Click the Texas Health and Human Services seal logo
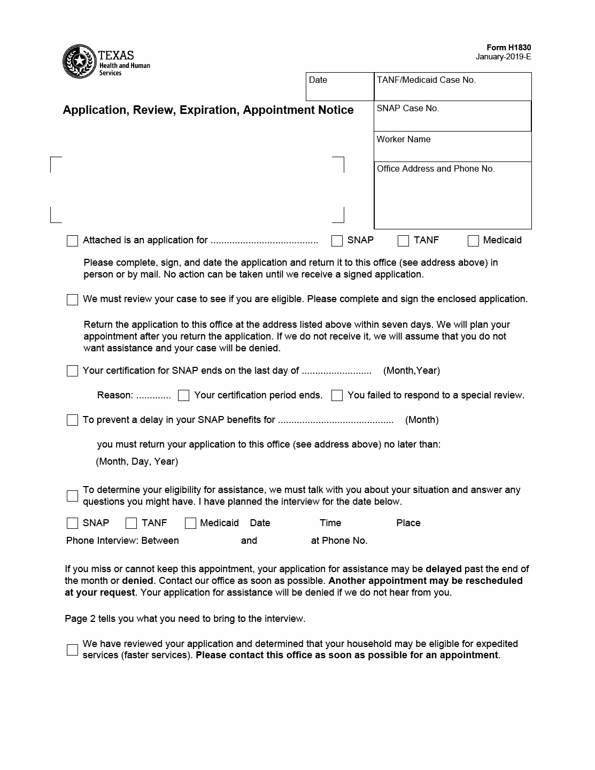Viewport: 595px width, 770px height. [80, 61]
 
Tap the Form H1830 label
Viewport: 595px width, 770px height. [508, 48]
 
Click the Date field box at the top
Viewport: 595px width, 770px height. [339, 87]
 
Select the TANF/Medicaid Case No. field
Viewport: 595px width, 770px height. [452, 87]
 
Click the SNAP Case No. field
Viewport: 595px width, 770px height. [452, 116]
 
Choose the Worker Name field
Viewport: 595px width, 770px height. [452, 147]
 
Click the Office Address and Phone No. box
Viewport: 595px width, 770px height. [452, 195]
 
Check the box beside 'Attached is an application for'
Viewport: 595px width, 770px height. [73, 241]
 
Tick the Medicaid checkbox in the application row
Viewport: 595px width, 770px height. [473, 241]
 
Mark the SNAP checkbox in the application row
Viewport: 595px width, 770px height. [337, 241]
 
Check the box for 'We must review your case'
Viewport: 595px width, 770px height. [73, 299]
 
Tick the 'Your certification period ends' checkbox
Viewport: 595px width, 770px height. [183, 396]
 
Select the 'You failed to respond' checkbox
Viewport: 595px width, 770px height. [337, 396]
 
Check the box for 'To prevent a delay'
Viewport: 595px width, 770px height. [73, 420]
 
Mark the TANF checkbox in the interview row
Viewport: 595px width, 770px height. [131, 523]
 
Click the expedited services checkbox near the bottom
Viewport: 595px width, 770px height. [73, 650]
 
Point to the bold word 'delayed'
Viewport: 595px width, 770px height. [443, 569]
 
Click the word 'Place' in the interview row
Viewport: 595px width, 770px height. [408, 523]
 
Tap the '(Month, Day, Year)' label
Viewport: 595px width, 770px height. [137, 461]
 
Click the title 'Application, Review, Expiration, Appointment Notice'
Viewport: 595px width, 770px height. [208, 110]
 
